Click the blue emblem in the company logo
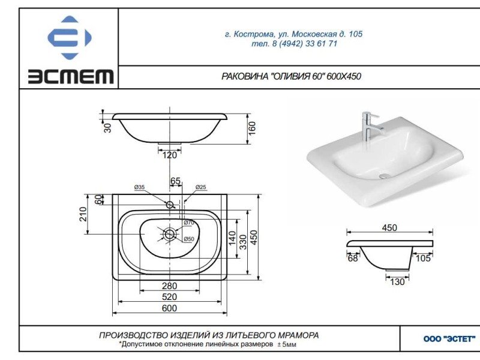[70, 37]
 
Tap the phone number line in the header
[293, 44]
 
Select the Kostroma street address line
[293, 34]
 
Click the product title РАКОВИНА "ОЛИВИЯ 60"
[291, 76]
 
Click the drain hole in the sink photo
[383, 176]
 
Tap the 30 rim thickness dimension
[108, 127]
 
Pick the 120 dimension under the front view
[170, 155]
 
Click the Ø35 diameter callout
[139, 188]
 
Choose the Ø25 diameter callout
[201, 188]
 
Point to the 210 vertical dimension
[83, 214]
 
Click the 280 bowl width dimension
[170, 286]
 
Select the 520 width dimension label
[170, 297]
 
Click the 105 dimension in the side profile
[423, 258]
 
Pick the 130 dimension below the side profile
[397, 281]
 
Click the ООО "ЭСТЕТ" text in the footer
[440, 339]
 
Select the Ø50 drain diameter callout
[189, 239]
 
